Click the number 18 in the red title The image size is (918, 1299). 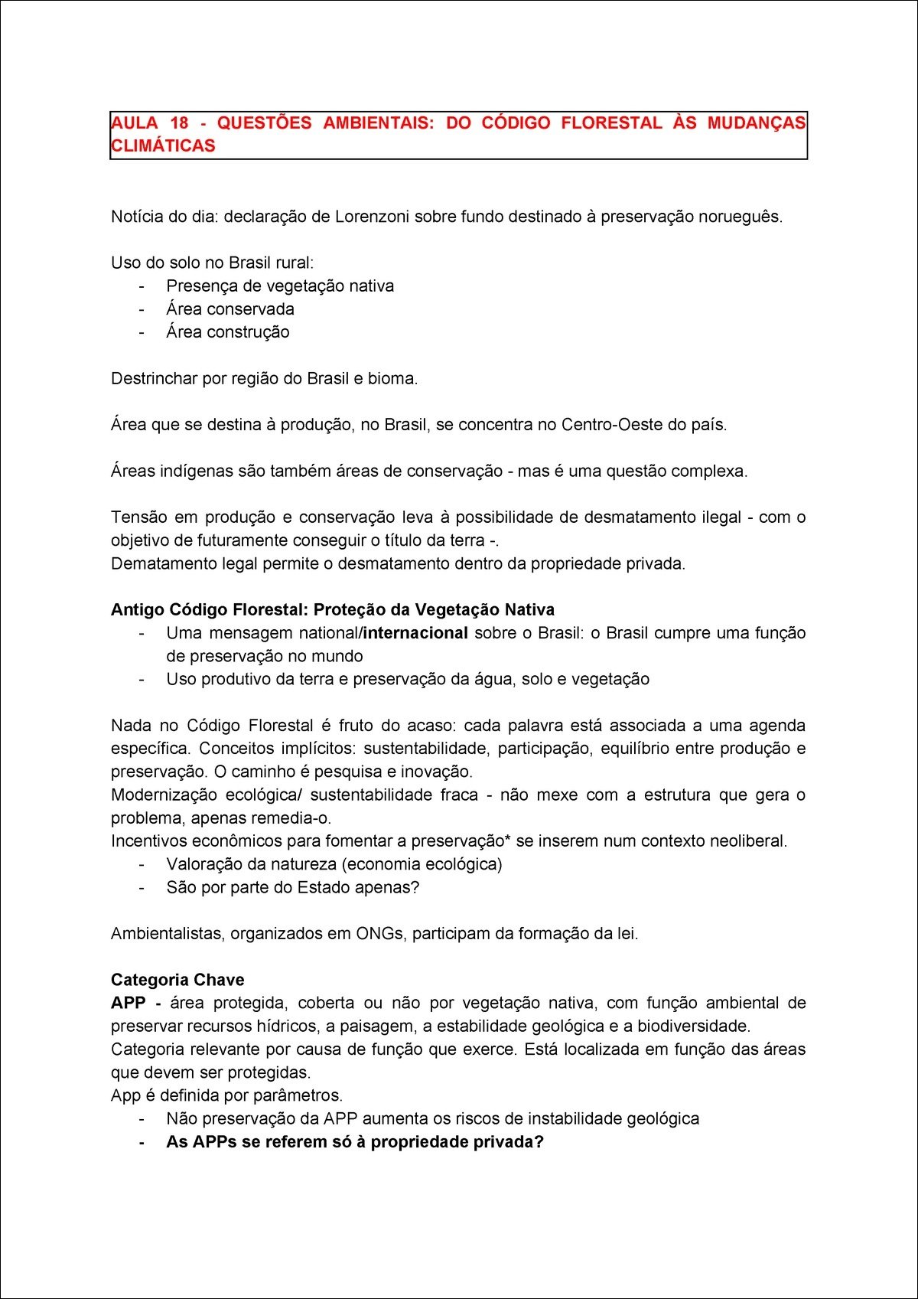tap(179, 123)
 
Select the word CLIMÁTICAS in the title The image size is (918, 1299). tap(163, 146)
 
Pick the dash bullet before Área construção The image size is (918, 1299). tap(142, 332)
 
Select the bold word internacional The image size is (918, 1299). tap(415, 633)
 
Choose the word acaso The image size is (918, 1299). tap(430, 726)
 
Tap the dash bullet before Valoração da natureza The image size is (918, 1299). tap(142, 864)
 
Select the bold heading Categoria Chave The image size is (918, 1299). tap(177, 981)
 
